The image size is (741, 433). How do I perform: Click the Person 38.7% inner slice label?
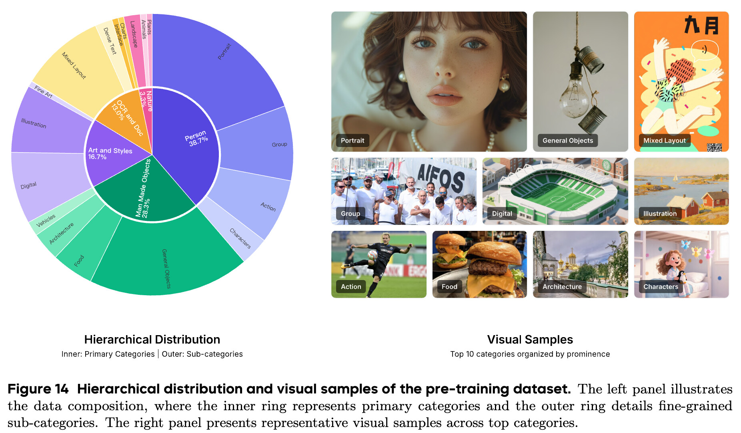(196, 138)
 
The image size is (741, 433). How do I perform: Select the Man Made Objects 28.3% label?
(143, 188)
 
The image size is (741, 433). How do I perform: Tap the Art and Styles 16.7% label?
(110, 153)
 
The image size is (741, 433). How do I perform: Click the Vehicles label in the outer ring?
(46, 220)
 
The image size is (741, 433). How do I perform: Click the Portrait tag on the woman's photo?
(352, 141)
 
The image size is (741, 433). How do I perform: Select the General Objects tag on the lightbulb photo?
(568, 141)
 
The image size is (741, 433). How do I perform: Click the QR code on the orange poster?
(714, 147)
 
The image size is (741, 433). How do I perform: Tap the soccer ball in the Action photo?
(373, 254)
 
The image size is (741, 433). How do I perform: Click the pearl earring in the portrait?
(504, 85)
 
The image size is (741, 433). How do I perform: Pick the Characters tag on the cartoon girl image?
(661, 287)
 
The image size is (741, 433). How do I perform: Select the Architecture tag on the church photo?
(562, 287)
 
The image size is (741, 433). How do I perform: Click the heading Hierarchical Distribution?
(152, 340)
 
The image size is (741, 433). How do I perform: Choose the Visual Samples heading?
(530, 340)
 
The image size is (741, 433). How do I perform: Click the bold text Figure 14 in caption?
(38, 389)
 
